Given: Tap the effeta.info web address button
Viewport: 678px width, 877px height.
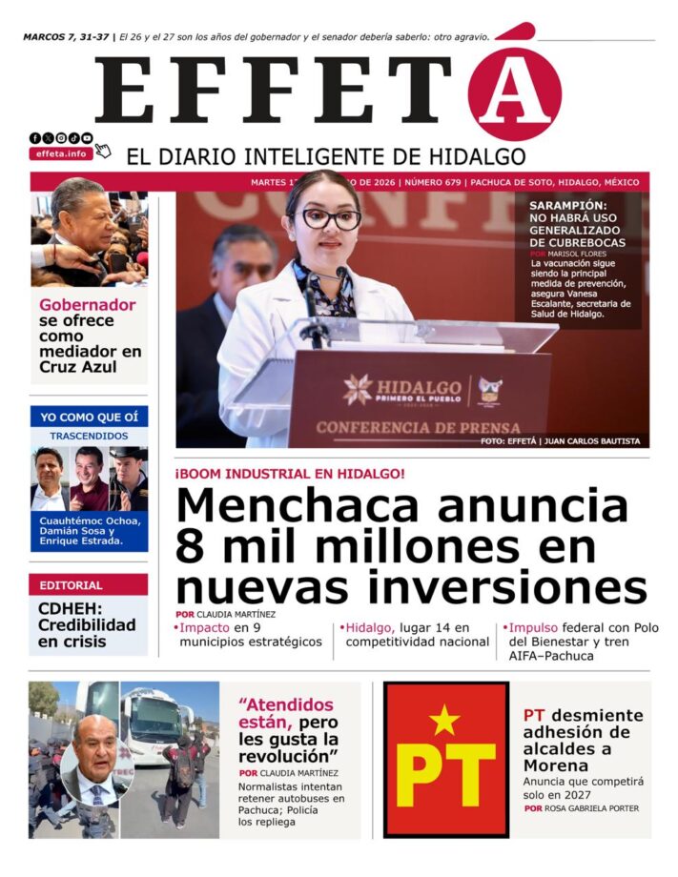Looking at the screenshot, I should click(x=61, y=153).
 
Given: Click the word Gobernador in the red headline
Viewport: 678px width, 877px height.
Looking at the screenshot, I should click(x=88, y=305).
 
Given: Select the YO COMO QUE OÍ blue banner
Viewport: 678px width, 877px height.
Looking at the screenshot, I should click(x=89, y=417).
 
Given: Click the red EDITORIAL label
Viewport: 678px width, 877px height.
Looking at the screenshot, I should click(x=72, y=585).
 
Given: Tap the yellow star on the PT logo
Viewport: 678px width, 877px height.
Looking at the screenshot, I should click(x=444, y=721).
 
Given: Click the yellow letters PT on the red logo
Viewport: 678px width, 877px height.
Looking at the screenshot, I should click(x=445, y=774).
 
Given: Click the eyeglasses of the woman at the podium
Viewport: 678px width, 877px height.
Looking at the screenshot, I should click(x=331, y=218).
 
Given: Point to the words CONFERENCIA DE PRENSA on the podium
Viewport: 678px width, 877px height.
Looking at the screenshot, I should click(x=419, y=427).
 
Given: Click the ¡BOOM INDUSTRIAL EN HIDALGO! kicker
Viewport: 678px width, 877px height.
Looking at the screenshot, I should click(x=290, y=474).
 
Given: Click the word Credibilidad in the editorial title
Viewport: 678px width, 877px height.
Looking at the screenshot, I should click(x=87, y=625).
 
